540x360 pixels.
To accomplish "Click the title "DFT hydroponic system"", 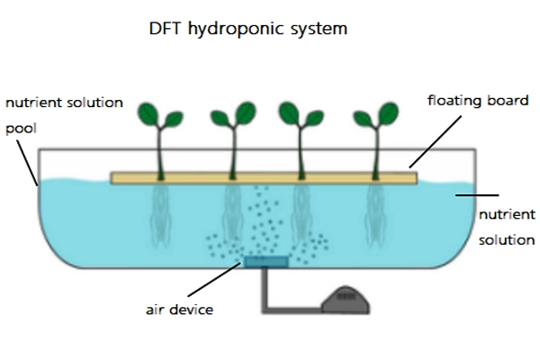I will pos(247,28).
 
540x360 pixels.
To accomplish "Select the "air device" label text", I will pos(179,310).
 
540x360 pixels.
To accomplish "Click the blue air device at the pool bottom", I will pos(265,262).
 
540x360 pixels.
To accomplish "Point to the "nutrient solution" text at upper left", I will pos(63,103).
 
